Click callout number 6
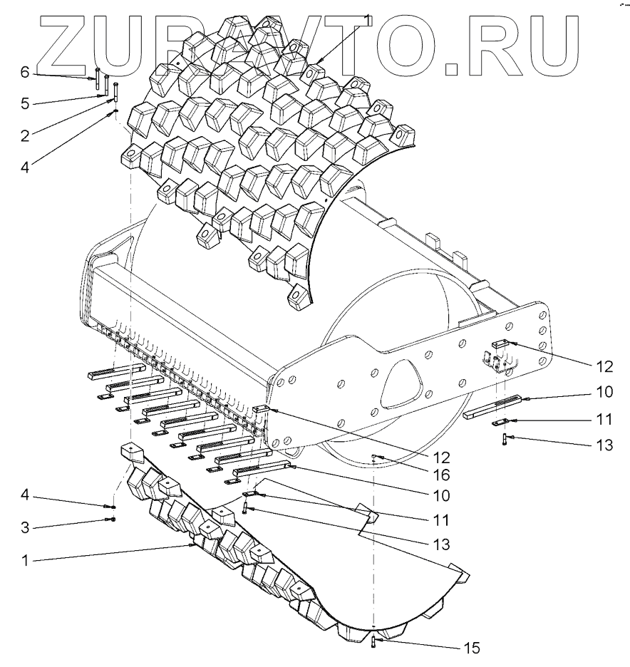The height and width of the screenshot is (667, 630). (x=24, y=72)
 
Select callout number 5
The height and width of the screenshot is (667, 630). (x=24, y=103)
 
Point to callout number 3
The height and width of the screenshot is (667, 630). (x=24, y=527)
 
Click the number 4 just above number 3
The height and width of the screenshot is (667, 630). (x=24, y=497)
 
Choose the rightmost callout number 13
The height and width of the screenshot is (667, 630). (x=603, y=445)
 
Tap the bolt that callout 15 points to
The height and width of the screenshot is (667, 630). (x=373, y=643)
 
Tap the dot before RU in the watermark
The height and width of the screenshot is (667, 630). (x=452, y=70)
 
